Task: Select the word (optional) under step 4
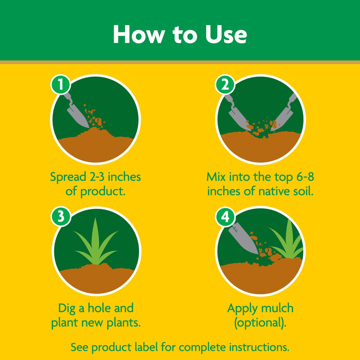pyautogui.click(x=261, y=323)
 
